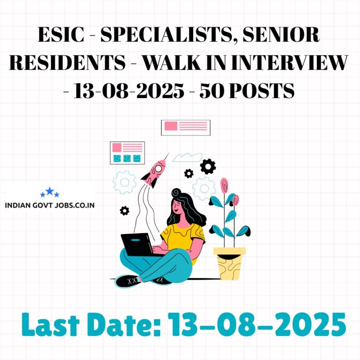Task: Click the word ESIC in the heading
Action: point(61,34)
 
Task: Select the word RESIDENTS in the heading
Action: point(67,62)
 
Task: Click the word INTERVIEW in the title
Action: point(290,62)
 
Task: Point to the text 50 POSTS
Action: point(247,90)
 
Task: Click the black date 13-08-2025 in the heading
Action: point(129,90)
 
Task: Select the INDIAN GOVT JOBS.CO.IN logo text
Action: point(50,205)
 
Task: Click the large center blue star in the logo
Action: point(50,191)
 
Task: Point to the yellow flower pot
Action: point(229,263)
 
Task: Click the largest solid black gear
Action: point(208,166)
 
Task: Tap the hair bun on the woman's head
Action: point(176,192)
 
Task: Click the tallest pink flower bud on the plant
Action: point(225,186)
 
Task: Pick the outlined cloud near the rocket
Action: point(187,157)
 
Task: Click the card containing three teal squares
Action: point(127,153)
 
